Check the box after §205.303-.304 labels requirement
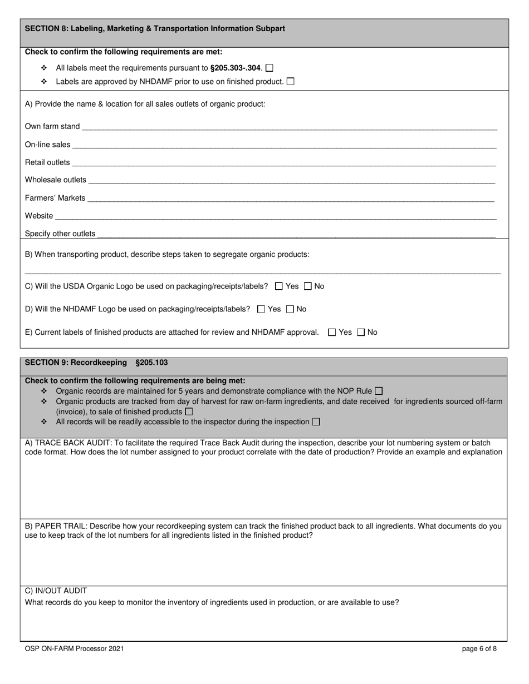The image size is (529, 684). click(270, 68)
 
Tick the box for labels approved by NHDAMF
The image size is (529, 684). click(290, 82)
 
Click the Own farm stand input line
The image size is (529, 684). click(289, 127)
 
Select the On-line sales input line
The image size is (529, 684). click(284, 145)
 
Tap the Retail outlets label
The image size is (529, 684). click(47, 162)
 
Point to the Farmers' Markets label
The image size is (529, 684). click(55, 198)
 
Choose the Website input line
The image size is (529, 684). click(276, 216)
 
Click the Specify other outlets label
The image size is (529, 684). click(60, 234)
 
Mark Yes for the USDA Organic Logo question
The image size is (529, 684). click(280, 286)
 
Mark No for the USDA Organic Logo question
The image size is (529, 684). click(308, 286)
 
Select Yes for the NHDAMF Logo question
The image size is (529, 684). click(262, 309)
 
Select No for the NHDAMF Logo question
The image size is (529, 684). click(290, 309)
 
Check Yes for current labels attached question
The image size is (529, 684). click(332, 333)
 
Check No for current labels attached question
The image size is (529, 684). click(361, 333)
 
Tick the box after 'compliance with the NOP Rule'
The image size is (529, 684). click(379, 391)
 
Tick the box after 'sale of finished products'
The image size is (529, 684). click(189, 412)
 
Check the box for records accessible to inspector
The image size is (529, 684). click(316, 422)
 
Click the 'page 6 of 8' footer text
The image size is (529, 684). click(479, 648)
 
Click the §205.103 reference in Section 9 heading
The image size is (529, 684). click(151, 363)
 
